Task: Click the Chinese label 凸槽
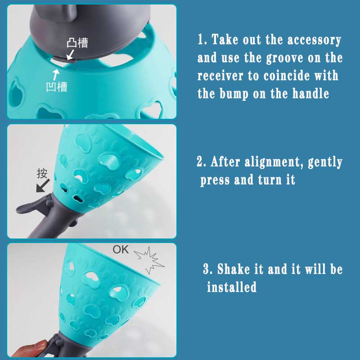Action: pos(77,43)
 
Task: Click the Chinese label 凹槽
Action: pos(57,87)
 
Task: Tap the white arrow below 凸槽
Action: pos(70,54)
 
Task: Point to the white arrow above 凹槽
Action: pos(56,75)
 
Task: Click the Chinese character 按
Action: pos(42,173)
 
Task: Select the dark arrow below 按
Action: pos(43,186)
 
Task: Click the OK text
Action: pos(121,250)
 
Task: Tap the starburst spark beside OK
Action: pos(149,260)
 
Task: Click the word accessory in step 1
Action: pos(314,40)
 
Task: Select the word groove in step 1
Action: pos(285,58)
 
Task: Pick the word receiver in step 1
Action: pos(220,76)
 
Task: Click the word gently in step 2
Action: pos(325,162)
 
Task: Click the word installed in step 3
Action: pos(232,287)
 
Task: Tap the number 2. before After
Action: pos(202,162)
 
